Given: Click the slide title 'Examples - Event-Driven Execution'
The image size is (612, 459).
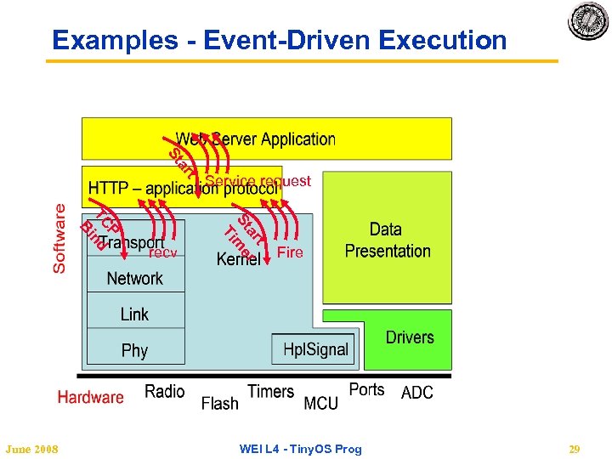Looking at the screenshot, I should [279, 40].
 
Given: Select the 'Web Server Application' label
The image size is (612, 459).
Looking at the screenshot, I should [255, 139].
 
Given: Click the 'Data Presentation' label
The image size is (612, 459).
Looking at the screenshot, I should [388, 240].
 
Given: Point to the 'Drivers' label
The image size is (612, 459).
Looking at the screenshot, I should [410, 337].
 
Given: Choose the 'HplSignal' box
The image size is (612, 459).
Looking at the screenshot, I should [315, 348].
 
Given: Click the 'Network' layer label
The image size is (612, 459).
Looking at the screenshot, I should [134, 278].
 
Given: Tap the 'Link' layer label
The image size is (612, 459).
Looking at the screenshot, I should [134, 314].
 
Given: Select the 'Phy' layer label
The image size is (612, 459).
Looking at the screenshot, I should [134, 350].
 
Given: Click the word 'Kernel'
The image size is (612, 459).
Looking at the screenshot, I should [238, 259].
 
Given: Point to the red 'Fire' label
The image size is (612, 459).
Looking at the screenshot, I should [290, 252].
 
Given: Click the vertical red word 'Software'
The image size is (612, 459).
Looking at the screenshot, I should [59, 237].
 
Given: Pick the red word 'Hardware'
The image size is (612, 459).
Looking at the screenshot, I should [90, 397].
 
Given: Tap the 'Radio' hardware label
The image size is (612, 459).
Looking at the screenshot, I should [164, 391].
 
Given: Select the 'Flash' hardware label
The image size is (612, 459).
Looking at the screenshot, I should [219, 404].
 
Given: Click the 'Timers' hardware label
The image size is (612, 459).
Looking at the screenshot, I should [270, 391].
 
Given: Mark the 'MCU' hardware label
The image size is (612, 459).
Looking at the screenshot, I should [320, 404].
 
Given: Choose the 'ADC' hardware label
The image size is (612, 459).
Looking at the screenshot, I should [416, 393].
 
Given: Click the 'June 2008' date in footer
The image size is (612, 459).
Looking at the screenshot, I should [32, 449].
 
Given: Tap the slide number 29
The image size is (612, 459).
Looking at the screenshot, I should [574, 449].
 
